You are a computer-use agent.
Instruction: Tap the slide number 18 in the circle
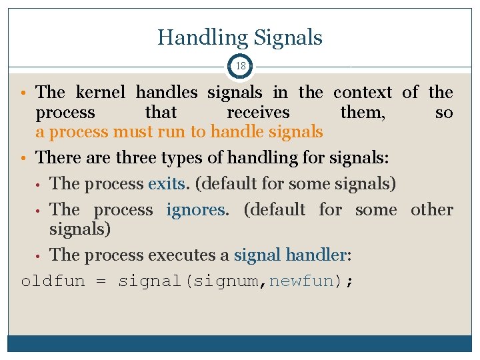coord(241,67)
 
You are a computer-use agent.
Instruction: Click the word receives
coord(258,113)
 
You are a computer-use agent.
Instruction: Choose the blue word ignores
coord(197,210)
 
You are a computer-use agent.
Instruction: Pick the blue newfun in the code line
coord(301,281)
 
